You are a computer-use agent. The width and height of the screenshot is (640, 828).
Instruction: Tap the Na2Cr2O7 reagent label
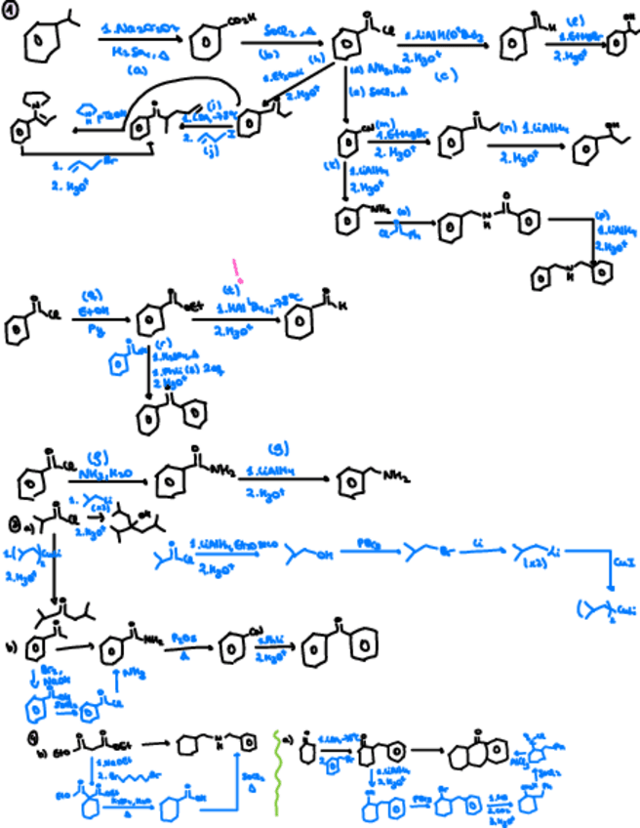click(x=136, y=33)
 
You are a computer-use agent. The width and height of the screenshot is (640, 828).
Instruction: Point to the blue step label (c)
click(x=445, y=76)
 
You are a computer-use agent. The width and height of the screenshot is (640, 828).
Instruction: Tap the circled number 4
click(x=9, y=739)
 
